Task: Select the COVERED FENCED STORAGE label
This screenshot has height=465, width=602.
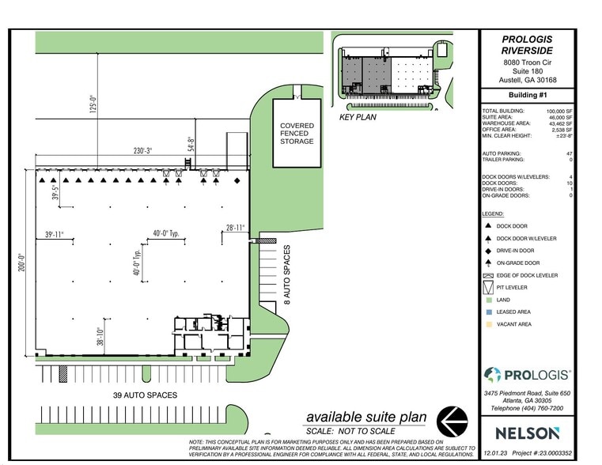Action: coord(297,134)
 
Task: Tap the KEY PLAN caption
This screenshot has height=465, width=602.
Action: coord(358,116)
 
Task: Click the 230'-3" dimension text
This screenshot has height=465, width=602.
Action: coord(148,150)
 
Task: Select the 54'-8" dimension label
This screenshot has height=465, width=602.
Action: coord(191,143)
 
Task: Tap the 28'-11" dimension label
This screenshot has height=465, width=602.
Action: coord(234,228)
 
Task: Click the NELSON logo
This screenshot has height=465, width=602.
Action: coord(528,433)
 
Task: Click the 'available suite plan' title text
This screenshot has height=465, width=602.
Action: coord(366,417)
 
